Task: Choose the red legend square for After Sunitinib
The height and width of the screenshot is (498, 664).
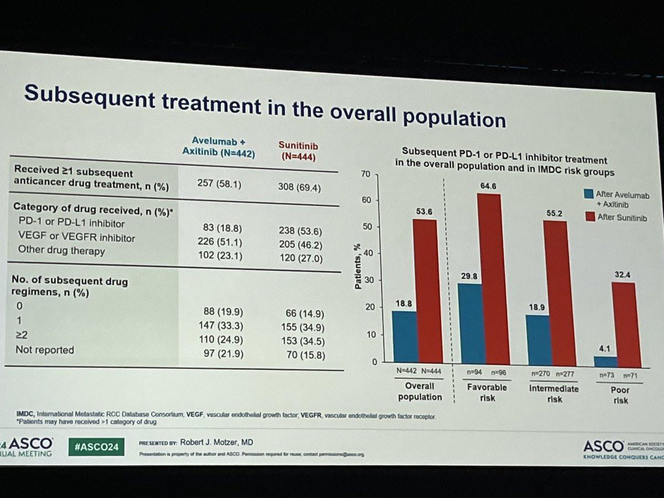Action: (x=588, y=217)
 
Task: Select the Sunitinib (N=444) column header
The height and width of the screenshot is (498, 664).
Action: (x=298, y=151)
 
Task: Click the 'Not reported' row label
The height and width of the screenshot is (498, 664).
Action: (x=44, y=350)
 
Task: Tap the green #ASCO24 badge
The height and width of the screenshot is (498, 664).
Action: (x=96, y=446)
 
